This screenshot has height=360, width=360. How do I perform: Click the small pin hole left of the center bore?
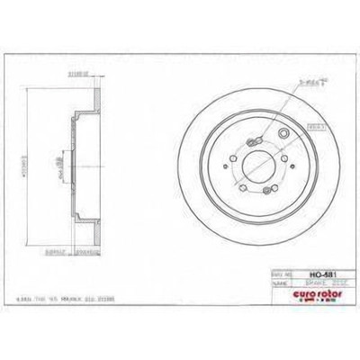coord(230,165)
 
